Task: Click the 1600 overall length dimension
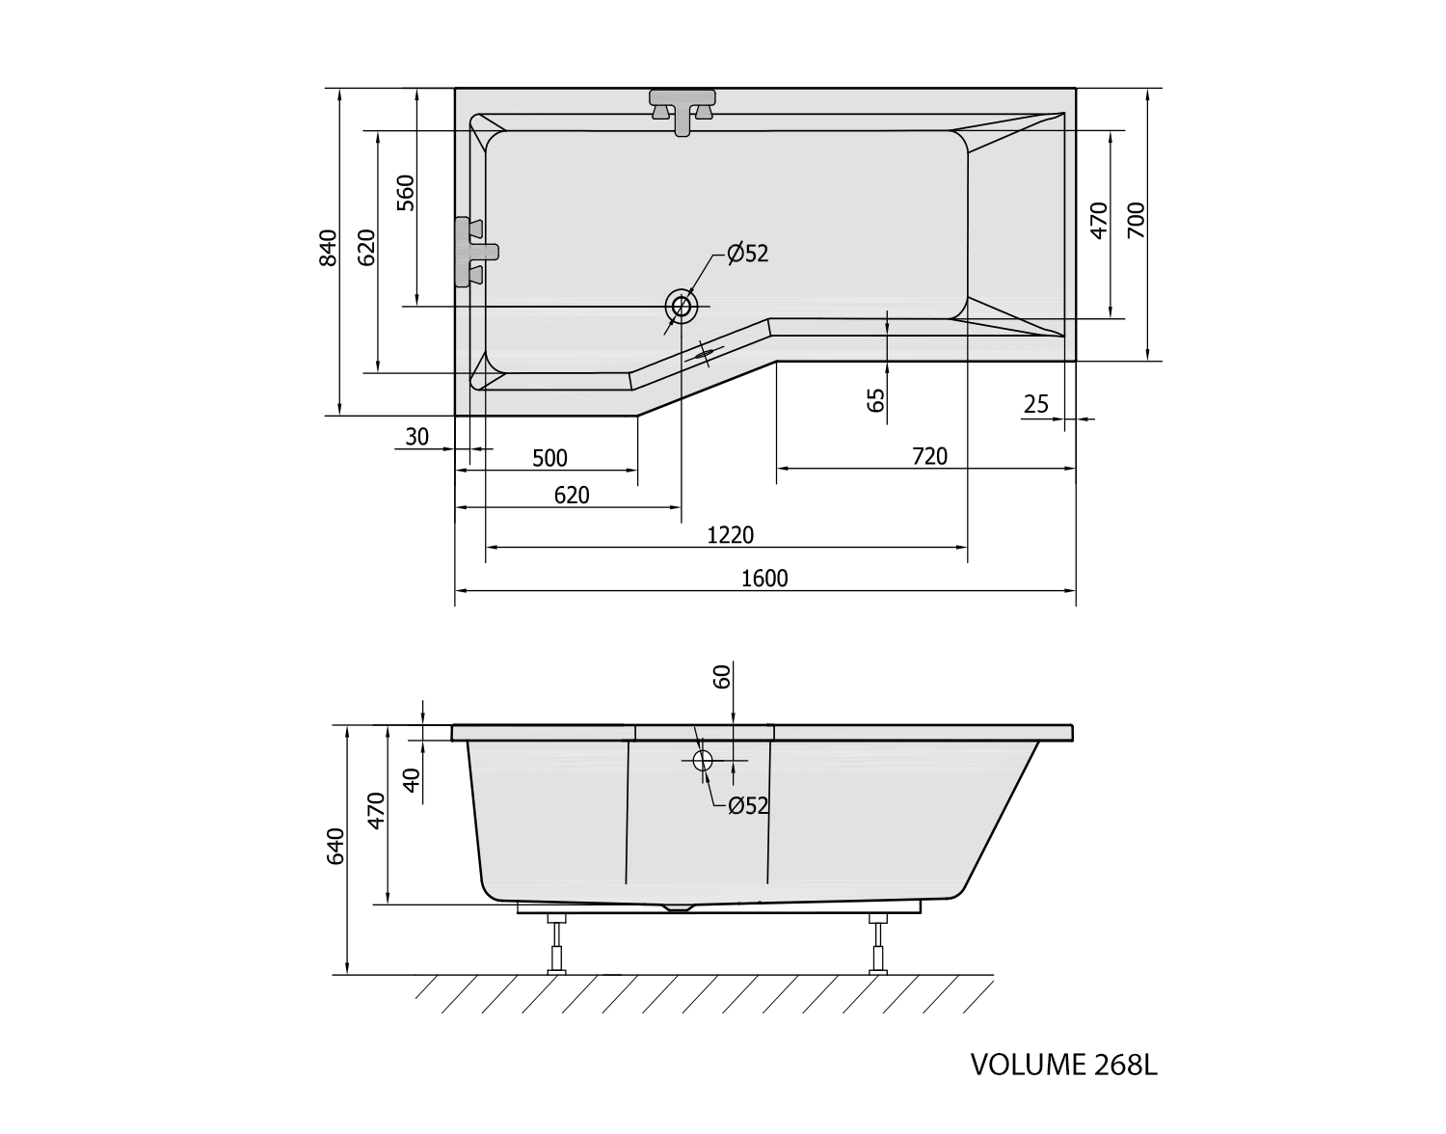(764, 578)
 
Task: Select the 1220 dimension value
(730, 535)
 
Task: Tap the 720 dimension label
(929, 456)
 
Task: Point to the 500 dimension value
(550, 458)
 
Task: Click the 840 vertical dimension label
(329, 248)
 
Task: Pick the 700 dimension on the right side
(1135, 221)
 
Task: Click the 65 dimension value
(875, 399)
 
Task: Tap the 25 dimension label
(1036, 404)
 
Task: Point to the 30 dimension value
(416, 437)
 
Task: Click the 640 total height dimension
(335, 846)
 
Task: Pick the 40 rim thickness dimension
(413, 779)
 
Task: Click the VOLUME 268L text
(1062, 1065)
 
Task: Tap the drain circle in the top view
(682, 307)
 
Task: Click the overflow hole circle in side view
(702, 760)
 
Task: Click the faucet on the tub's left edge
(474, 252)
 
